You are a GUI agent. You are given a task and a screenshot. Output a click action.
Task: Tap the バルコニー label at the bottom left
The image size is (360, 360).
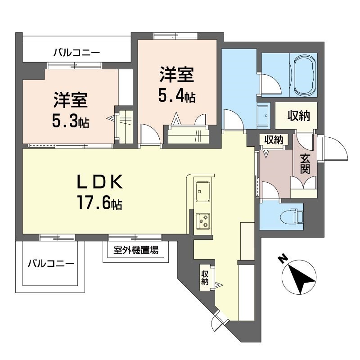[x=50, y=263]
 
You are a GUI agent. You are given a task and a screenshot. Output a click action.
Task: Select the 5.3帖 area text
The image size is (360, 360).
[x=71, y=121]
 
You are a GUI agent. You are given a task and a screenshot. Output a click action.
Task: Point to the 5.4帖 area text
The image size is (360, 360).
[x=177, y=97]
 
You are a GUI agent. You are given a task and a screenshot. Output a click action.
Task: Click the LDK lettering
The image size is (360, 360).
[x=99, y=183]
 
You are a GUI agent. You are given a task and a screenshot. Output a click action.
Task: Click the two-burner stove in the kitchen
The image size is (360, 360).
[x=203, y=220]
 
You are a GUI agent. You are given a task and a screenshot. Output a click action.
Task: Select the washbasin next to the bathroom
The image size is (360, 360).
[x=264, y=115]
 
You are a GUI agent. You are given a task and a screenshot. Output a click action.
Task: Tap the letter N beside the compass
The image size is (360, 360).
[x=283, y=260]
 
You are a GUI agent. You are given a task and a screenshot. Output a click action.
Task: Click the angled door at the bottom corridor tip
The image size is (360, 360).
[x=219, y=320]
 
